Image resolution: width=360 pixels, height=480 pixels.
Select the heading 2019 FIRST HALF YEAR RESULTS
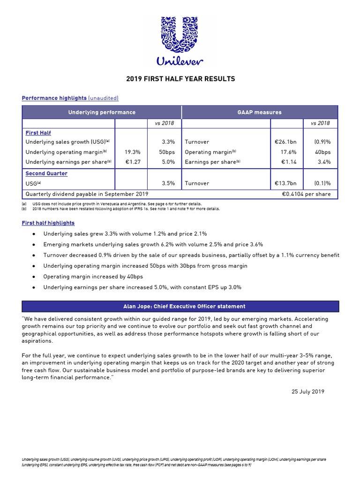(x=180, y=79)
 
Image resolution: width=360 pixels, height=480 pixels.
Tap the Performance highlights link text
(x=54, y=98)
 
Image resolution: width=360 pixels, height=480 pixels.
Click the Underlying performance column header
(x=102, y=112)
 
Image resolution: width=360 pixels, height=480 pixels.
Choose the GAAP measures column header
(x=259, y=112)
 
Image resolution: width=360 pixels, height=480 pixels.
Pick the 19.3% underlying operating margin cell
(x=133, y=152)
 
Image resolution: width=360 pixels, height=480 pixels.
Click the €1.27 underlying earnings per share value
(x=134, y=162)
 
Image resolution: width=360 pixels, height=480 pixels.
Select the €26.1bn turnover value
(x=285, y=142)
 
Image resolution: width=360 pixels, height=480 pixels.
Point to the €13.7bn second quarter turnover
(x=285, y=183)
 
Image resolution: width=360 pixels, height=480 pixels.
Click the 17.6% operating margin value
(x=289, y=152)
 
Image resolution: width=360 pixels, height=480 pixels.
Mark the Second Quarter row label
(x=46, y=173)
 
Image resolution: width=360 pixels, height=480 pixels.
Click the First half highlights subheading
(x=48, y=223)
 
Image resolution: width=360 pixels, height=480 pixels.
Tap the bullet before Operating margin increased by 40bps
(x=33, y=277)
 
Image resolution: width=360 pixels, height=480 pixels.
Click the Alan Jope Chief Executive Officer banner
(x=180, y=307)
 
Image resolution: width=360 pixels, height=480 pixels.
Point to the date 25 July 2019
(x=307, y=391)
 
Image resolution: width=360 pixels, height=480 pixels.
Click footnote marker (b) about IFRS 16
(x=24, y=209)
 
